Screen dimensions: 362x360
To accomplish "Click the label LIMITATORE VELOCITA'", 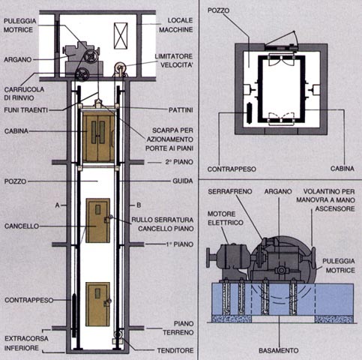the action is click(x=174, y=61).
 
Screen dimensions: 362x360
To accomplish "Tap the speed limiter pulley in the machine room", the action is click(x=119, y=67).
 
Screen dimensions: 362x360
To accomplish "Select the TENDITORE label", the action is click(x=175, y=351).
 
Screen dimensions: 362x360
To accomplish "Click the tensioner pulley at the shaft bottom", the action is click(x=118, y=334).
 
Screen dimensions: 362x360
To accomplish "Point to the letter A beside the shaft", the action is click(x=58, y=205).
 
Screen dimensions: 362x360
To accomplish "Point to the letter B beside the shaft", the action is click(x=139, y=205).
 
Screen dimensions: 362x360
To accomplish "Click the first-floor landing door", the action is click(x=97, y=220).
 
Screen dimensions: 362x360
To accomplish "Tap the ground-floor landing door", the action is click(x=97, y=304).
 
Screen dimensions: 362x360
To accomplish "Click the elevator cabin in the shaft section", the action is click(x=98, y=136).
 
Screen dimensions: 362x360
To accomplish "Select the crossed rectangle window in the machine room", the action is click(x=121, y=35).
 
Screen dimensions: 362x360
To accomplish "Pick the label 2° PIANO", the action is click(x=179, y=162).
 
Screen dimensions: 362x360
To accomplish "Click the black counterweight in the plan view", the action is click(x=249, y=112).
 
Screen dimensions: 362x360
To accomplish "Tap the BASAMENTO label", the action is click(x=279, y=351).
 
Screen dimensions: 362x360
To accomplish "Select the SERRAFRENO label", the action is click(x=230, y=191).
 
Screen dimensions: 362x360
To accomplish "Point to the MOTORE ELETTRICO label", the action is click(x=226, y=218).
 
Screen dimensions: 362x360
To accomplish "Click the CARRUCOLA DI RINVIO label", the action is click(x=24, y=94).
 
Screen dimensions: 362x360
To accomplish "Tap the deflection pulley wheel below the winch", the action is click(x=82, y=74).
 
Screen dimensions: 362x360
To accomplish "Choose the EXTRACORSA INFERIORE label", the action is click(x=26, y=343).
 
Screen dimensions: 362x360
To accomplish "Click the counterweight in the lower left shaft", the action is click(x=74, y=316).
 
